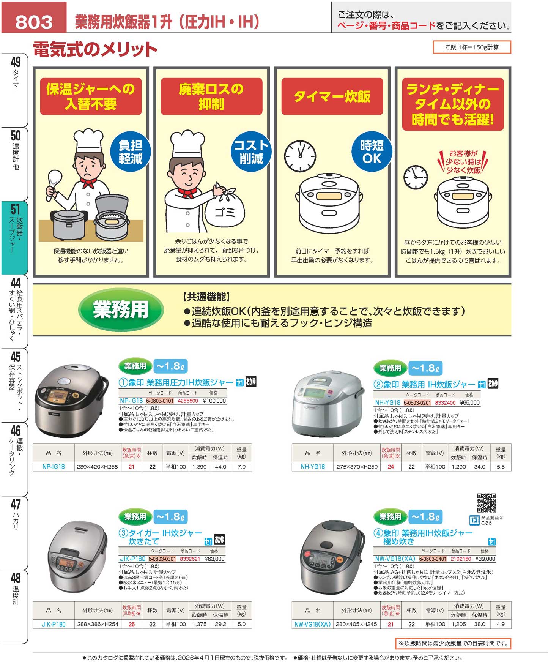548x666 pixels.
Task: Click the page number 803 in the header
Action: point(34,22)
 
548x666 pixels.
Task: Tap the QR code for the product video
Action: point(486,503)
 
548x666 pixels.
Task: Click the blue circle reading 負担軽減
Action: point(130,152)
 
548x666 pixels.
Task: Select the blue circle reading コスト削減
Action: point(251,152)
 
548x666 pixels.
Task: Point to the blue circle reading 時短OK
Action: point(372,152)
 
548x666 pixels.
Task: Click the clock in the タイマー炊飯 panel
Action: point(300,156)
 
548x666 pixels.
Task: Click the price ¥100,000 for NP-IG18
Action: point(214,401)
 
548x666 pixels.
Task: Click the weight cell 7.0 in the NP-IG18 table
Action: point(241,467)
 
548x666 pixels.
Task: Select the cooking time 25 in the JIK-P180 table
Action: point(132,624)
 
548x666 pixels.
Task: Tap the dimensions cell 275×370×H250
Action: point(357,467)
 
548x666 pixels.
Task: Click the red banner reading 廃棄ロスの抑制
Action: point(211,96)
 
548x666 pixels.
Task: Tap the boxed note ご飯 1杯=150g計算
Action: point(472,47)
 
